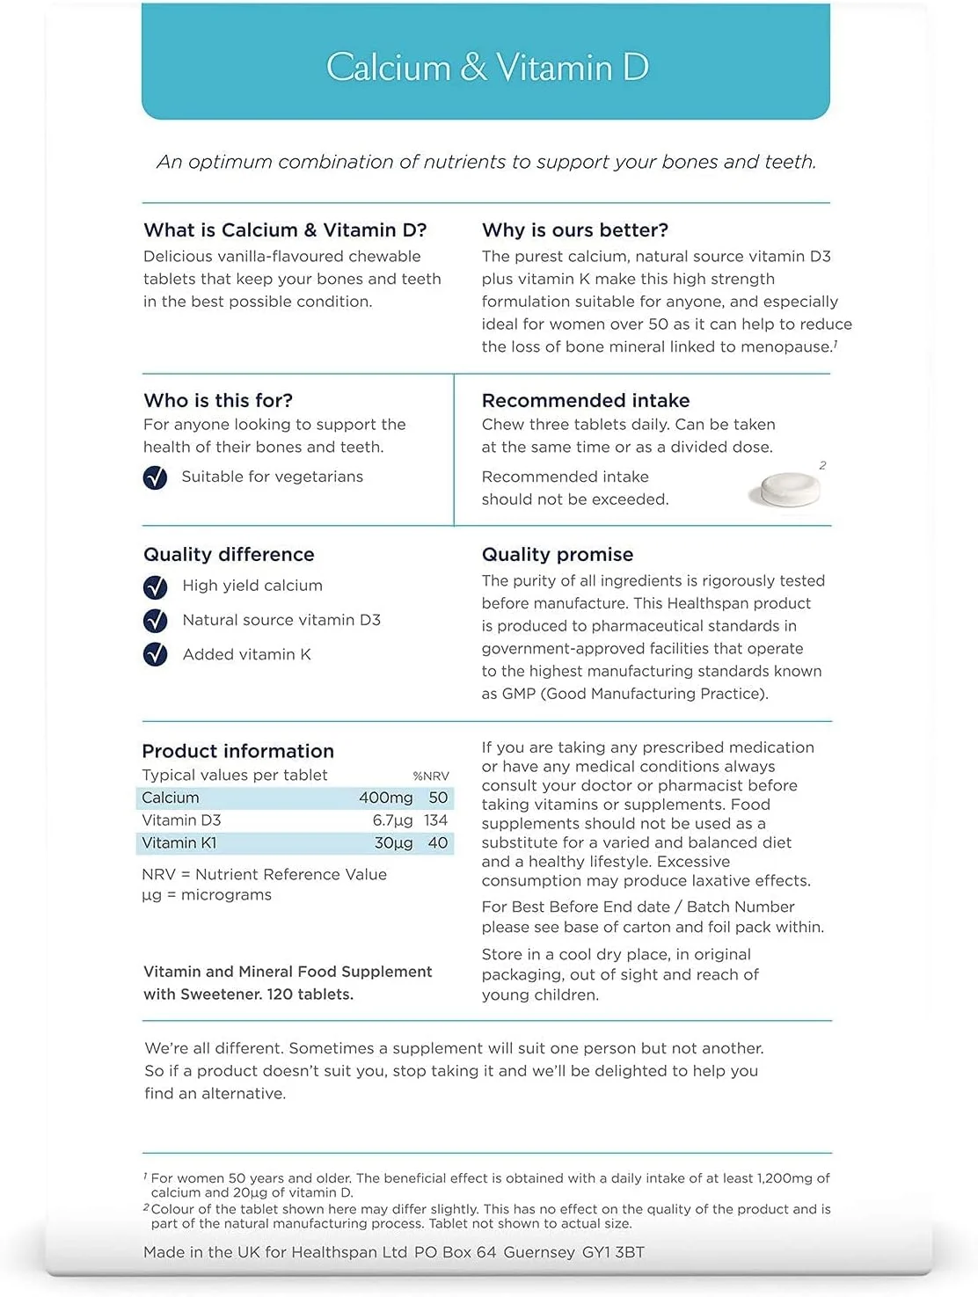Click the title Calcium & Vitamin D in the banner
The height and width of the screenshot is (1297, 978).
(486, 68)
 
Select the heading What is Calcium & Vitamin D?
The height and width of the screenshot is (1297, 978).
(285, 230)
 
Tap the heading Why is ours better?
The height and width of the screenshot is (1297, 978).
(574, 230)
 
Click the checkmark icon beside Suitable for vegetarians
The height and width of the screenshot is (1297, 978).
(155, 477)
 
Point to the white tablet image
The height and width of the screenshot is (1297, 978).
(785, 489)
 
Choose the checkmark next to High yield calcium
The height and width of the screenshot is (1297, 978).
(155, 587)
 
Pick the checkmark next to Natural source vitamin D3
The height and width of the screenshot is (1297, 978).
(155, 621)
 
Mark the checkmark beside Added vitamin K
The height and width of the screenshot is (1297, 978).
(155, 654)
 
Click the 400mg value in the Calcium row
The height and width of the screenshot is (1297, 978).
(385, 798)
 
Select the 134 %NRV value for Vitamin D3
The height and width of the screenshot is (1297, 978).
(435, 820)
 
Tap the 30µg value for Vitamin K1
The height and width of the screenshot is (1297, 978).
(393, 843)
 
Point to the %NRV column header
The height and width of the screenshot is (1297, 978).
(431, 776)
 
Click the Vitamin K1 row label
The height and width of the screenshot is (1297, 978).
(179, 843)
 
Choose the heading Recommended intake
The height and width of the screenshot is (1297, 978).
(585, 401)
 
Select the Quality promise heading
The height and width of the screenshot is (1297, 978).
(557, 555)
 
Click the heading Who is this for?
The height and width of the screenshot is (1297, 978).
(218, 401)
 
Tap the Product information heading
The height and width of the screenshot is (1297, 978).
(237, 752)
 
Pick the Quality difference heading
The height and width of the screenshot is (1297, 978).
(229, 555)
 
